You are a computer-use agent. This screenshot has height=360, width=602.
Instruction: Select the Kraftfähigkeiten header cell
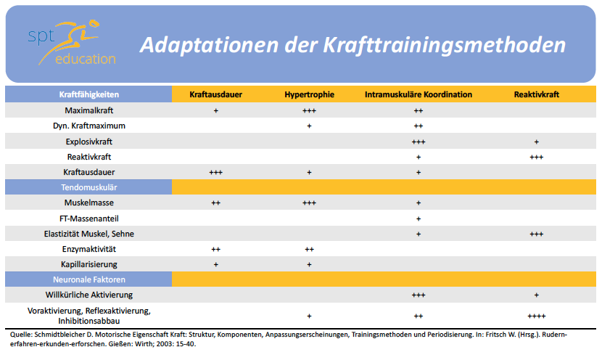88,94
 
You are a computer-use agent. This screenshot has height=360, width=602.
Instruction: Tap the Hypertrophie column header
309,94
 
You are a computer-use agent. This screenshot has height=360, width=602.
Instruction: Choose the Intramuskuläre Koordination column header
418,94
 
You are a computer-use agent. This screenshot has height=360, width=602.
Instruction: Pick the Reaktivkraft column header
536,94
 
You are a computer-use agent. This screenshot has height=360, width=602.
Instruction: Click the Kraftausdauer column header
215,94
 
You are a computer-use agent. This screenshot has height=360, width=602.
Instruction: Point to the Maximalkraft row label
88,110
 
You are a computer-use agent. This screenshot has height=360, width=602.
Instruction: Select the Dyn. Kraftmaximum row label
88,126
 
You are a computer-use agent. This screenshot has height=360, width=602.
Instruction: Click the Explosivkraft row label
88,142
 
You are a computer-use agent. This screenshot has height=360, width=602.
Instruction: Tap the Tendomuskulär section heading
88,187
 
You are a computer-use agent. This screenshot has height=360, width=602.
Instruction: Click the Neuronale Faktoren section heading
88,279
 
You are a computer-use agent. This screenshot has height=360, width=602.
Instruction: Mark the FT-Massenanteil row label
88,218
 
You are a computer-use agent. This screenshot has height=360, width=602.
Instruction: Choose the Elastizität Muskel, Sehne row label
88,234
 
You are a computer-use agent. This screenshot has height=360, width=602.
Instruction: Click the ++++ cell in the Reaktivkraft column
536,316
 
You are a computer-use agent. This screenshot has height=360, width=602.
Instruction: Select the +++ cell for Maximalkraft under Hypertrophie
309,110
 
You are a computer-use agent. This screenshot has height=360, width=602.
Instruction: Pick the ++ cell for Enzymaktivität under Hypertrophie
309,249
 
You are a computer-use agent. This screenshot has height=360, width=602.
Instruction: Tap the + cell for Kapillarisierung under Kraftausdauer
215,264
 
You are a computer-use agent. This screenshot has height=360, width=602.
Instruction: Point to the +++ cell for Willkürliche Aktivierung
418,295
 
